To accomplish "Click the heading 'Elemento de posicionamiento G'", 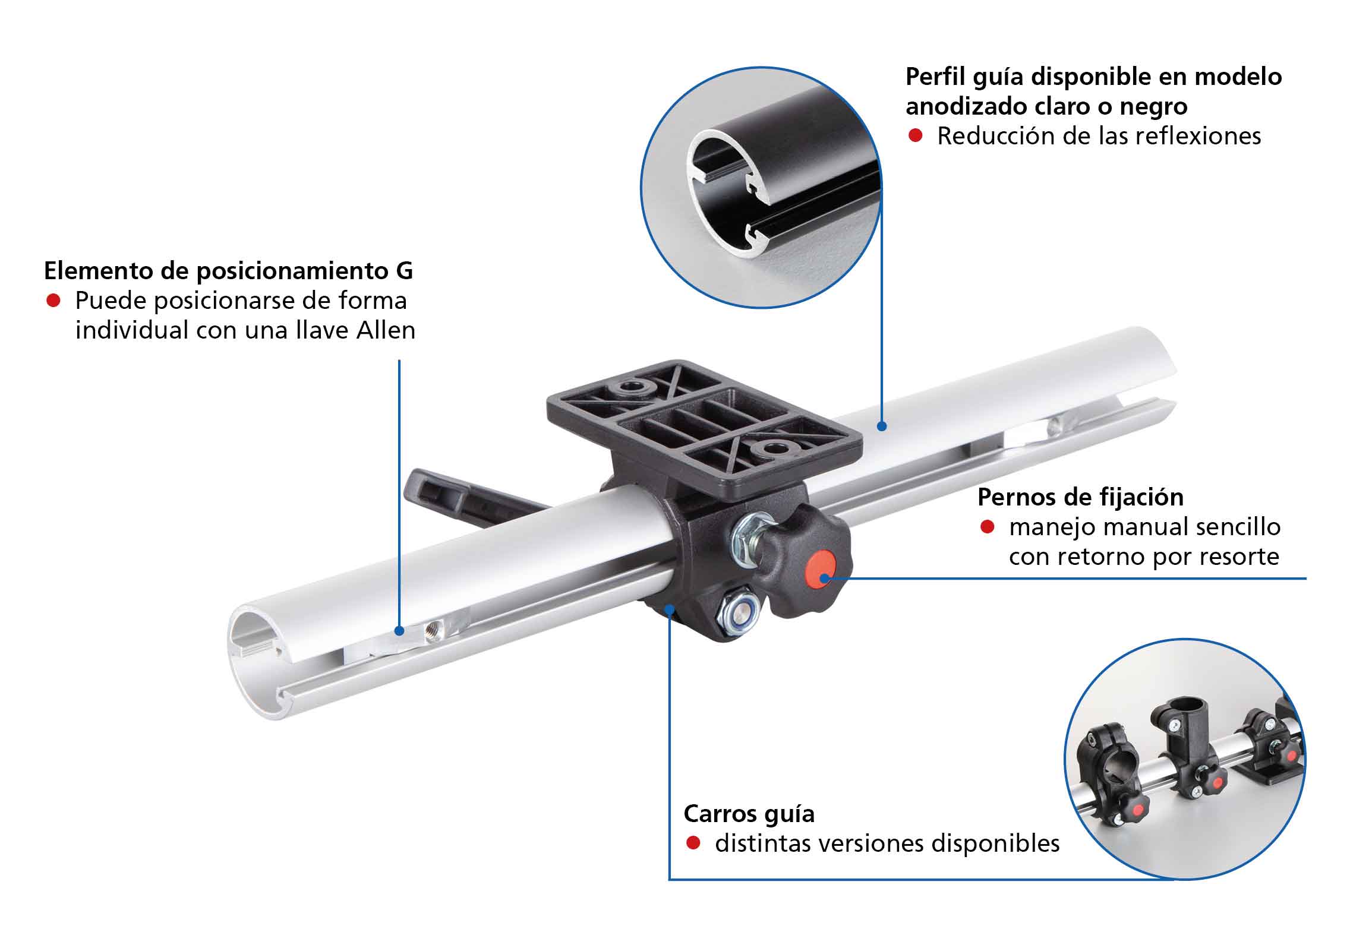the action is point(228,271).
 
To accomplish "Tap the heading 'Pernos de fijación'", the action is point(1080,497).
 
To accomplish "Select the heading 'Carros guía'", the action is point(749,814).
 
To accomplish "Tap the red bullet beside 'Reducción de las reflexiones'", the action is point(916,136).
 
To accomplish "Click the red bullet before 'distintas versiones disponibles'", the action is point(693,843).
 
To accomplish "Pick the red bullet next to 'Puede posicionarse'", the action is point(53,301).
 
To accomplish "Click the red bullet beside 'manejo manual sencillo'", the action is point(988,527).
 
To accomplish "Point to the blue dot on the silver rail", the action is point(882,426).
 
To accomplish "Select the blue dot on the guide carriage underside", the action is point(670,608).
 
